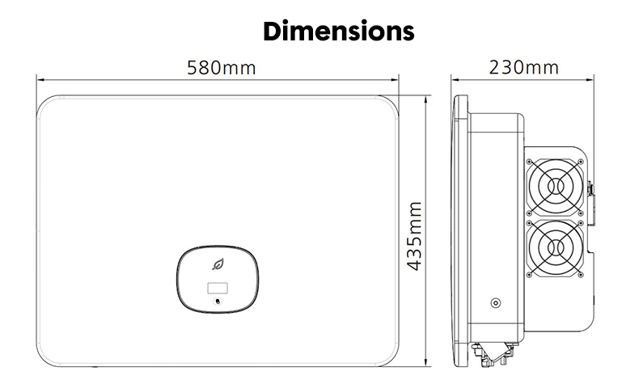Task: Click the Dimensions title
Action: point(339,31)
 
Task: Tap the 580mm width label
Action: point(222,68)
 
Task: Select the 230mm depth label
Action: point(523,68)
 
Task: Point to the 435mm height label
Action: point(415,236)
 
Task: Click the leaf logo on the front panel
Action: point(218,264)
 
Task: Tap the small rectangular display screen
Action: point(218,289)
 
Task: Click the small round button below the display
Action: point(218,301)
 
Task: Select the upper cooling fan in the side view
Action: point(555,187)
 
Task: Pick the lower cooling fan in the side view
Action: point(555,248)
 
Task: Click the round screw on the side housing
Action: point(496,303)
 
